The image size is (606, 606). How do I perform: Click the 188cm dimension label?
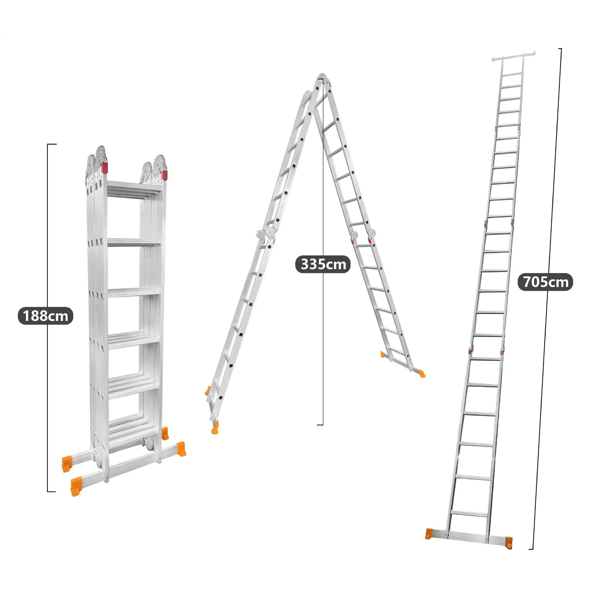(x=45, y=316)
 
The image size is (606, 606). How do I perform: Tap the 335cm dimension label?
(x=323, y=264)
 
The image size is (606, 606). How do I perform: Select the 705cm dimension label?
(x=545, y=282)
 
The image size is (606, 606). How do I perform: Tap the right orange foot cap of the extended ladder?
(x=508, y=542)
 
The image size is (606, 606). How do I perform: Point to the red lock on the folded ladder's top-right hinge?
(x=164, y=175)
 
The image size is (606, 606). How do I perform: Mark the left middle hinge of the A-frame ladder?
(x=266, y=235)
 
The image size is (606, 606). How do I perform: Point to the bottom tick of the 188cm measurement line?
(x=51, y=491)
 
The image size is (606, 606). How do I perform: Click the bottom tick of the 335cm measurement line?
(x=320, y=425)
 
